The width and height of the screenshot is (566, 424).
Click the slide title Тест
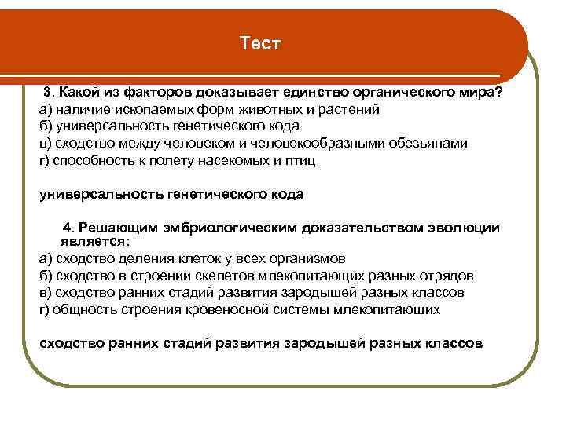pos(260,43)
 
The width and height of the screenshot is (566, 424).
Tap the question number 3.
pos(47,93)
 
